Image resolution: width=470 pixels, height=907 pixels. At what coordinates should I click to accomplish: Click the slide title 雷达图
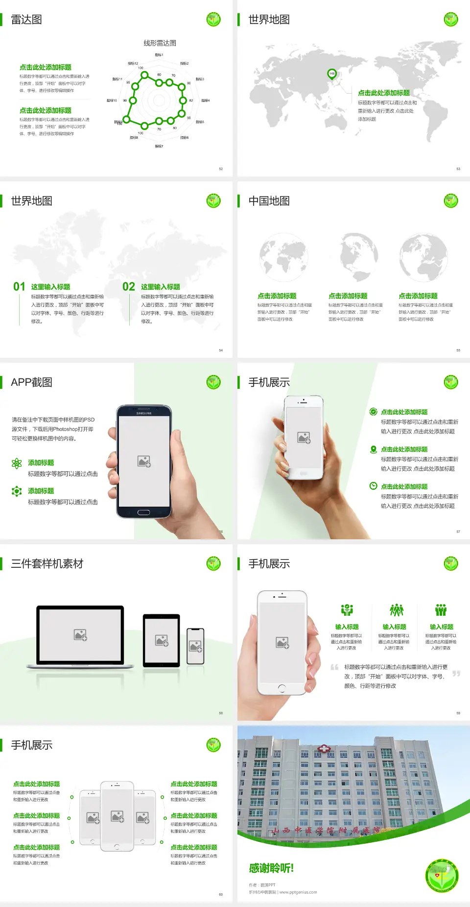(26, 20)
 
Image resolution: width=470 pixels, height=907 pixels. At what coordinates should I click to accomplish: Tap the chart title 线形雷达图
(160, 43)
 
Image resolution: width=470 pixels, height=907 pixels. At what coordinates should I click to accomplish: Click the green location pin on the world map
(331, 74)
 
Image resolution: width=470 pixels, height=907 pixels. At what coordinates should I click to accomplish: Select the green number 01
(19, 287)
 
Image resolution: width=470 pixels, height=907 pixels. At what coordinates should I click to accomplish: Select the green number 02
(129, 287)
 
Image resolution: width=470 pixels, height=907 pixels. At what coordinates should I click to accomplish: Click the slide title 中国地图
(269, 201)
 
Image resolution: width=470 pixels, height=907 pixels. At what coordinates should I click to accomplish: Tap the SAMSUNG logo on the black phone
(144, 413)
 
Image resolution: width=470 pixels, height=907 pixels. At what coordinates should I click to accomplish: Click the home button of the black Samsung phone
(143, 512)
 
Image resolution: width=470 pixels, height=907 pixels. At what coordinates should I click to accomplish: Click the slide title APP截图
(31, 382)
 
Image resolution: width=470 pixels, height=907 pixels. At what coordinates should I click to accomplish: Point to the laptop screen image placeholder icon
(80, 635)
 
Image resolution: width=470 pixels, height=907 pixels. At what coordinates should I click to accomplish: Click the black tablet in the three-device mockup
(162, 640)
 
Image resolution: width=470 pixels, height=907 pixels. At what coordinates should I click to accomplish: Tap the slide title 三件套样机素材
(47, 564)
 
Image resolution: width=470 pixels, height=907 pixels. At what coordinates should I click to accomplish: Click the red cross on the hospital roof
(324, 749)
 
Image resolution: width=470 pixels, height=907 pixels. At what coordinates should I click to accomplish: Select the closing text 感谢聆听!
(271, 868)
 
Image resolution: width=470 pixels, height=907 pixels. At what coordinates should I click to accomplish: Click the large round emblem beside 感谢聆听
(442, 875)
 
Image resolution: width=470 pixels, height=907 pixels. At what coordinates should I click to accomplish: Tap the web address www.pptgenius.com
(298, 892)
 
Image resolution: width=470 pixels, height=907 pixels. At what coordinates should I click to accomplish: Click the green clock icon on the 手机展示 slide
(373, 486)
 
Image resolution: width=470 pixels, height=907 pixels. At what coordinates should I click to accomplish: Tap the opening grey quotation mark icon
(334, 667)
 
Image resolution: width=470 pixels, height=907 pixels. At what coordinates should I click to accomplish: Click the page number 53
(458, 169)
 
